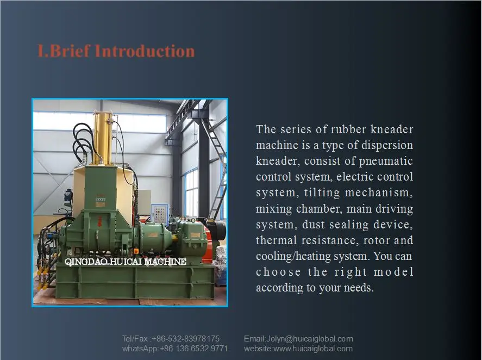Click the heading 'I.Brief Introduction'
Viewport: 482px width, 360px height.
tap(116, 51)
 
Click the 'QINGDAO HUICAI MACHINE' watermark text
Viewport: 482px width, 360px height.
tap(125, 262)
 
